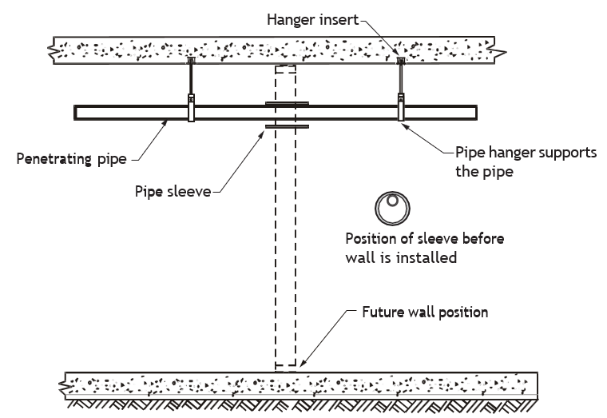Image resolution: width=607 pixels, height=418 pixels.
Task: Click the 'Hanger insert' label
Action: (x=313, y=19)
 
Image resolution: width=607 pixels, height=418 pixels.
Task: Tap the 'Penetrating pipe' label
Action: (x=72, y=159)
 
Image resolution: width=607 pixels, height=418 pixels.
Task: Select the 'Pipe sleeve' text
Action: (x=173, y=191)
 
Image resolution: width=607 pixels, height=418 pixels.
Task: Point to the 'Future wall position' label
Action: (x=425, y=313)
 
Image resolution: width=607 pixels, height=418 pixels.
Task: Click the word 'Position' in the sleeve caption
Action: (x=371, y=239)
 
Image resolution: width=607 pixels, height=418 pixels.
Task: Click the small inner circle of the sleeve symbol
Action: (x=392, y=201)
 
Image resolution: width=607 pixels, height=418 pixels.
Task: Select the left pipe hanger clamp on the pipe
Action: (x=191, y=108)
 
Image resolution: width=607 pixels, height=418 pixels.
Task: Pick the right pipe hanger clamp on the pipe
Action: (x=401, y=107)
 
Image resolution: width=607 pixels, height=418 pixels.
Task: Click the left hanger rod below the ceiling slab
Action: (x=191, y=78)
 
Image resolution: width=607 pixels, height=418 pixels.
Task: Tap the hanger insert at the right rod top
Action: (x=401, y=61)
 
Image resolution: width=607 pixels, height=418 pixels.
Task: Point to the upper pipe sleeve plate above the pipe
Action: (x=287, y=103)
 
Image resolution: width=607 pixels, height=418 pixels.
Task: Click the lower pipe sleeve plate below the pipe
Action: (x=287, y=126)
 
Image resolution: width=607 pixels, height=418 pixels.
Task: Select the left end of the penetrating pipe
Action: (x=75, y=113)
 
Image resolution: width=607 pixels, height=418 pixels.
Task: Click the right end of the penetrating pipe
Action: (x=477, y=113)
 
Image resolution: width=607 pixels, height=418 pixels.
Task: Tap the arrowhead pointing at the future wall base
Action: (x=303, y=363)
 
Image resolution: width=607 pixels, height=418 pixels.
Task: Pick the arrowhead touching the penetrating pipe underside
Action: (x=165, y=123)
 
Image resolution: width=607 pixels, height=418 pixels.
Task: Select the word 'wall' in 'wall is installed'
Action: (x=360, y=257)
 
